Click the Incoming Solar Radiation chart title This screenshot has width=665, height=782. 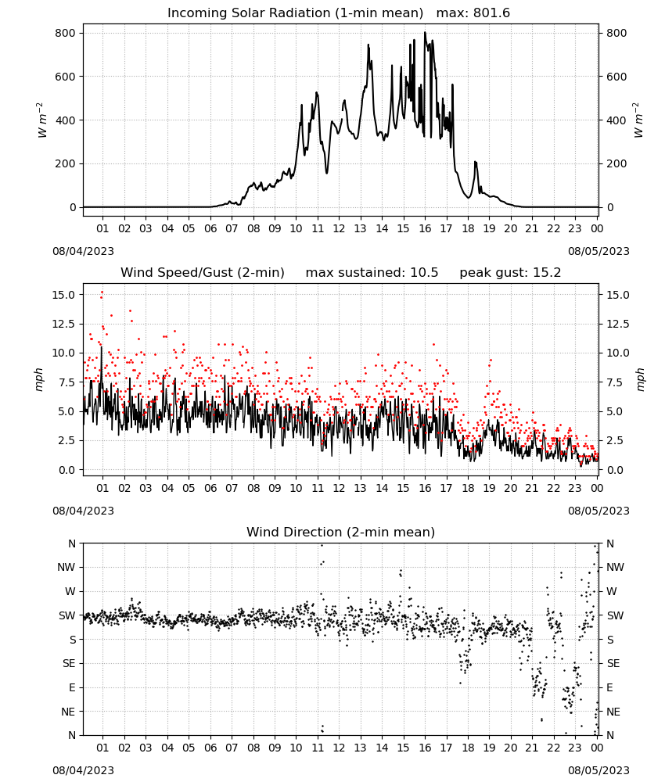pyautogui.click(x=295, y=13)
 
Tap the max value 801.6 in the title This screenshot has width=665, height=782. pyautogui.click(x=491, y=13)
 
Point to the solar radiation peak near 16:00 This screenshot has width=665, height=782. pyautogui.click(x=425, y=33)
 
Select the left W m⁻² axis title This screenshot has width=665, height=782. pyautogui.click(x=42, y=120)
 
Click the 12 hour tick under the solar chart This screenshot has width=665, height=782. pyautogui.click(x=339, y=228)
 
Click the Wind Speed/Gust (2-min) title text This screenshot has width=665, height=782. pyautogui.click(x=203, y=272)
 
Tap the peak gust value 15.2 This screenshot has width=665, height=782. pyautogui.click(x=548, y=272)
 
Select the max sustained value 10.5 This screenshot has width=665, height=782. pyautogui.click(x=424, y=272)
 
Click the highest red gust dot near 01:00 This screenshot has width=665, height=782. pyautogui.click(x=102, y=292)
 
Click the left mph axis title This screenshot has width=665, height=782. pyautogui.click(x=39, y=380)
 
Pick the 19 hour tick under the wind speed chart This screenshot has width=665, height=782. pyautogui.click(x=490, y=488)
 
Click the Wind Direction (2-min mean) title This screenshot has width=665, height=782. pyautogui.click(x=341, y=532)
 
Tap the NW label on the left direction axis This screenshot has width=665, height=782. pyautogui.click(x=66, y=567)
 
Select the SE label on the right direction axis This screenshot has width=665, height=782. pyautogui.click(x=613, y=663)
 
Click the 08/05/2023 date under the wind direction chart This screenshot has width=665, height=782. pyautogui.click(x=598, y=770)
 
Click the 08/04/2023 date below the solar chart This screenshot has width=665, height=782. pyautogui.click(x=83, y=251)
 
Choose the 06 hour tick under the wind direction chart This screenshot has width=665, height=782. pyautogui.click(x=210, y=748)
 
